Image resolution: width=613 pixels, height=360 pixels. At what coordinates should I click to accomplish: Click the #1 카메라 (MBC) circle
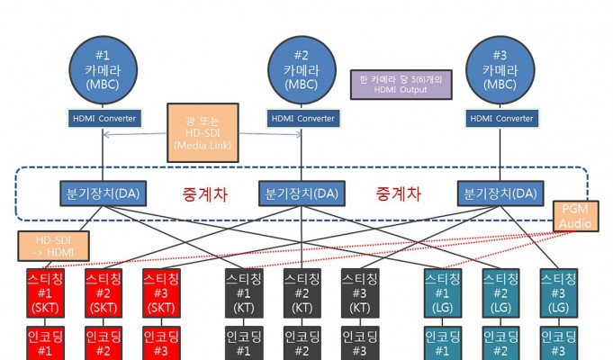(104, 70)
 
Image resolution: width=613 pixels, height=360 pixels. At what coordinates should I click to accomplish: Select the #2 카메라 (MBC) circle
(302, 70)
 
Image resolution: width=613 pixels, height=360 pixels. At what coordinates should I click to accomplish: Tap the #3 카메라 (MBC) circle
(500, 70)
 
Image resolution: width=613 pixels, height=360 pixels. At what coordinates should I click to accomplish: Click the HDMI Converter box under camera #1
(104, 119)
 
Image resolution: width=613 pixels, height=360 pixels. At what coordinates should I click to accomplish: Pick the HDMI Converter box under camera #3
(501, 119)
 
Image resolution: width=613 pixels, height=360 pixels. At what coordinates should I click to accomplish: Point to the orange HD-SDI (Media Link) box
(203, 133)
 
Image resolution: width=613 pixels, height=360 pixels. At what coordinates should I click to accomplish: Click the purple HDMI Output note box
(401, 85)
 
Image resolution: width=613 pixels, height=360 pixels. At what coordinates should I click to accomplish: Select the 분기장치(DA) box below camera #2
(302, 193)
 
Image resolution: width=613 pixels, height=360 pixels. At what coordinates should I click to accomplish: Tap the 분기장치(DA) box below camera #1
(104, 193)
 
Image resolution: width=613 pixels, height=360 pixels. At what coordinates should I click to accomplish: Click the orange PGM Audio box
(575, 216)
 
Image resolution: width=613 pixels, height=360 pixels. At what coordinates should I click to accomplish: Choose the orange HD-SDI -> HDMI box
(54, 247)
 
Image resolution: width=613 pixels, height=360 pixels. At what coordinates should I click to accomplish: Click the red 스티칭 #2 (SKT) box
(104, 293)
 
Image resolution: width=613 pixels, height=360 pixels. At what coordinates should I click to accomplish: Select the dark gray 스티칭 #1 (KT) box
(244, 293)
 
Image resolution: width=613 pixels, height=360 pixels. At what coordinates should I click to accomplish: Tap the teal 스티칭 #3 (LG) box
(559, 293)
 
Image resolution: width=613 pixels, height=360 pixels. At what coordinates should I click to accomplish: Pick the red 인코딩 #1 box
(45, 343)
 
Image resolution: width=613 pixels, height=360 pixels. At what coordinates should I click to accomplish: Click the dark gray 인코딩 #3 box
(360, 343)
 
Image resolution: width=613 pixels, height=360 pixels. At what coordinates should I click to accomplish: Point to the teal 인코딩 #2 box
(500, 343)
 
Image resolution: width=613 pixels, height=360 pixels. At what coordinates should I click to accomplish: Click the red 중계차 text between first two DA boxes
(205, 193)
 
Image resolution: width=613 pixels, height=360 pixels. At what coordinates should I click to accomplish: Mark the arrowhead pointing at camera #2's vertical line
(300, 135)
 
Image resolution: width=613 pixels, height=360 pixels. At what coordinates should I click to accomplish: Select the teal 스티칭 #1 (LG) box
(443, 293)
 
